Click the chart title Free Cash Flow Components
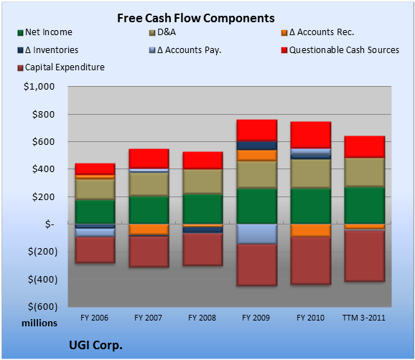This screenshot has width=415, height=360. [x=196, y=18]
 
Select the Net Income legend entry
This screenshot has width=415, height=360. [x=45, y=32]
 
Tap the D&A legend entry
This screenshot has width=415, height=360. [x=162, y=32]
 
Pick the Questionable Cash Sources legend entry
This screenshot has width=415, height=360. [x=340, y=50]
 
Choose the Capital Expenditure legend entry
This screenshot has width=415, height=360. [x=61, y=67]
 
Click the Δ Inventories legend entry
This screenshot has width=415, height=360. [x=47, y=50]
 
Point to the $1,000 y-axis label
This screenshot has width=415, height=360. [x=39, y=87]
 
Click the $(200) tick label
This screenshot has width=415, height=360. [x=42, y=252]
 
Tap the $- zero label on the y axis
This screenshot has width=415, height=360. [x=50, y=224]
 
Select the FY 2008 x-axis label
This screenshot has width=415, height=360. [x=202, y=318]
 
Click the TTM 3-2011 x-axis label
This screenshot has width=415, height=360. [x=364, y=318]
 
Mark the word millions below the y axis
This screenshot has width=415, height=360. [x=39, y=323]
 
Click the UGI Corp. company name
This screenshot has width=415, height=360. [x=95, y=345]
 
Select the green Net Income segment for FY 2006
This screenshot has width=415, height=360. [x=95, y=212]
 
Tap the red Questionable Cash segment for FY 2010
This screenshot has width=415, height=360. [x=311, y=135]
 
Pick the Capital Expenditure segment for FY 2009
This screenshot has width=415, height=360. [x=257, y=265]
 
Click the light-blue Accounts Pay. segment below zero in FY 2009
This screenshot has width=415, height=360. [x=257, y=234]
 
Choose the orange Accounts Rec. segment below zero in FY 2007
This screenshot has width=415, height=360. [x=149, y=229]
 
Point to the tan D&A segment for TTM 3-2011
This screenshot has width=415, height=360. [x=365, y=172]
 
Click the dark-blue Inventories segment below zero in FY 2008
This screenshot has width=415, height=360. [x=202, y=230]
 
